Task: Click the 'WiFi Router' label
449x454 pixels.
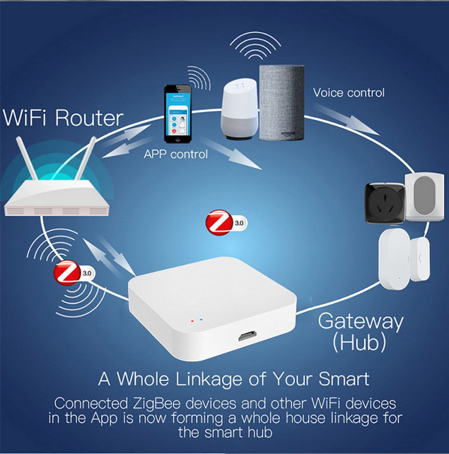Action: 63,118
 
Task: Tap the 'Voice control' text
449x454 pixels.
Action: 349,92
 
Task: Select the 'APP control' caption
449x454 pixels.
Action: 176,154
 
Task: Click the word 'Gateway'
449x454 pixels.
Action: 361,321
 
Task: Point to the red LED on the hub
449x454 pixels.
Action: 193,321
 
